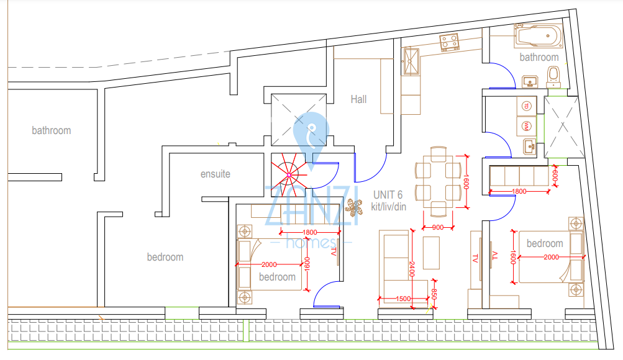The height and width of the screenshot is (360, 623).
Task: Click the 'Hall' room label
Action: [x=358, y=99]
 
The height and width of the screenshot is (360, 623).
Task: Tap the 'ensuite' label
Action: [x=215, y=174]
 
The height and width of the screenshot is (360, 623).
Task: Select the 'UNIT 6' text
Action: [x=388, y=195]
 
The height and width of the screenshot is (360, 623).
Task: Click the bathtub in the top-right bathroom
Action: [x=538, y=37]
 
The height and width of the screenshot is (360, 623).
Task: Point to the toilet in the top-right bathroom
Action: [x=553, y=77]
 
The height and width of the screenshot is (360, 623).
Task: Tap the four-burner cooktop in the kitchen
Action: [x=450, y=42]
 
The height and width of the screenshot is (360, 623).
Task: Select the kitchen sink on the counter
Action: [x=411, y=60]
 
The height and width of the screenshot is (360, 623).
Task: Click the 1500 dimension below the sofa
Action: [x=403, y=299]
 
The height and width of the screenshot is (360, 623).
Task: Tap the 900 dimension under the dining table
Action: [x=438, y=227]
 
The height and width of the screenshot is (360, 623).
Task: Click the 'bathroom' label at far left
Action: [x=52, y=130]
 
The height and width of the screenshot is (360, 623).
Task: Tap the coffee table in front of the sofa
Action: [x=431, y=252]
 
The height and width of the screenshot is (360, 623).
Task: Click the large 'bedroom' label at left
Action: [x=165, y=257]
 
